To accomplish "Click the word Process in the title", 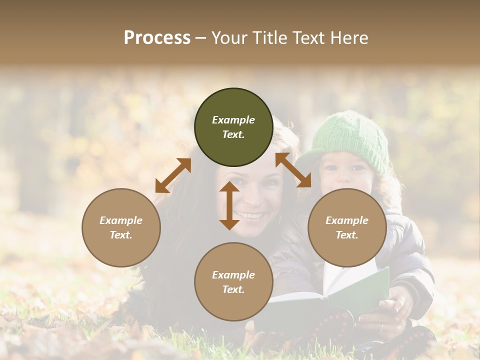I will [157, 38].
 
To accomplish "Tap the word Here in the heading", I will [349, 38].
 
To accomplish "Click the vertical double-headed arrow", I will [229, 205].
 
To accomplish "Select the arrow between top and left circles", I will [173, 175].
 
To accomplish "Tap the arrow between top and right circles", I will [293, 170].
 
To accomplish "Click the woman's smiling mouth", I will [250, 215].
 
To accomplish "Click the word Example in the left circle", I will [121, 220].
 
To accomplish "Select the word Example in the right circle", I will [347, 220].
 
